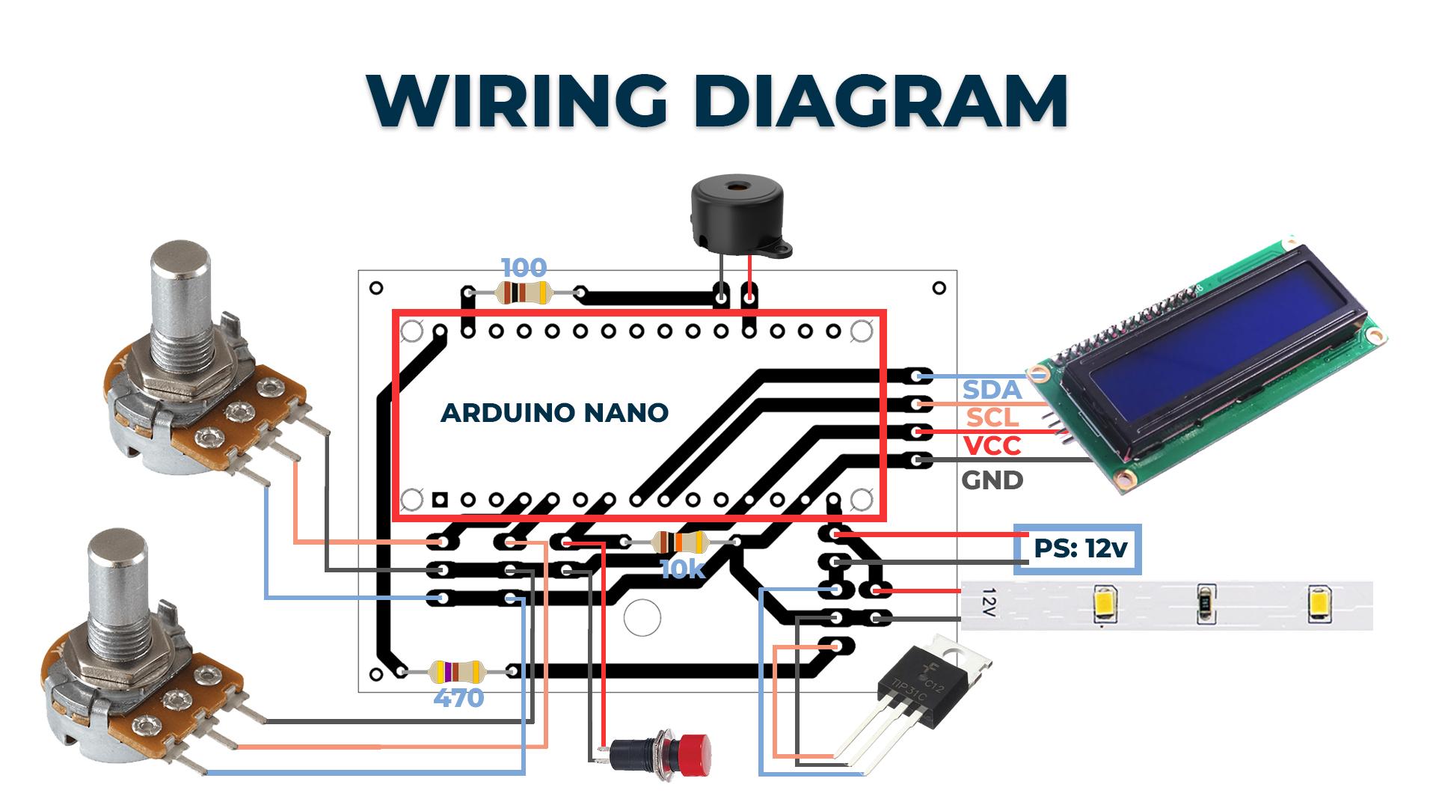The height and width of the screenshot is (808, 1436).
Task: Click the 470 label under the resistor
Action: point(458,699)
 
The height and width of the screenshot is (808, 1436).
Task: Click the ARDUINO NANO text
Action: point(554,412)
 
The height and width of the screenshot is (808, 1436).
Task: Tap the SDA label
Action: point(992,390)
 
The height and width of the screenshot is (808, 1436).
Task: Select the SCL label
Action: point(992,417)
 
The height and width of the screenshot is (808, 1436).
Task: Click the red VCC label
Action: point(992,446)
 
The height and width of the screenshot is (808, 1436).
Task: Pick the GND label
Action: point(992,480)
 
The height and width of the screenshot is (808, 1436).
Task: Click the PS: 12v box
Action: point(1078,549)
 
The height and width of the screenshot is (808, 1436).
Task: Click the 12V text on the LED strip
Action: point(989,603)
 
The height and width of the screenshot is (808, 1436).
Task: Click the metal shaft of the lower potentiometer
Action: point(115,587)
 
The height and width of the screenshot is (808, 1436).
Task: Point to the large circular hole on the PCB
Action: point(642,618)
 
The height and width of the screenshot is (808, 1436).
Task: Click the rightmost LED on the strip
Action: point(1320,605)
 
